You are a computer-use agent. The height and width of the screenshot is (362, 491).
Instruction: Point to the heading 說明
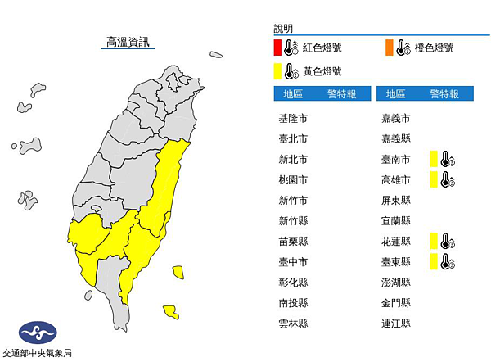[x=283, y=28]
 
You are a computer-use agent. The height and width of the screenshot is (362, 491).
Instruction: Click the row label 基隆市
[x=293, y=118]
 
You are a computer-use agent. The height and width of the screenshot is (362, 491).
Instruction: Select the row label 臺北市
[x=293, y=138]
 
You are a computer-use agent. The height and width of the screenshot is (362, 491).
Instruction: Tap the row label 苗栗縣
[x=293, y=241]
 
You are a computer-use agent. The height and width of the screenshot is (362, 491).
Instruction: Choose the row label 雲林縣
[x=293, y=324]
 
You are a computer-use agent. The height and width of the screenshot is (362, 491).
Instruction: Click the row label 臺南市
[x=397, y=159]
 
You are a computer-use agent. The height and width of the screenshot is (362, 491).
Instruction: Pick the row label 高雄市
[x=397, y=179]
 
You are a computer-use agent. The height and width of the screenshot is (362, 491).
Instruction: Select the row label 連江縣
[x=397, y=324]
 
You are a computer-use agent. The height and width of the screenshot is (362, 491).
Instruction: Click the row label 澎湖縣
[x=397, y=283]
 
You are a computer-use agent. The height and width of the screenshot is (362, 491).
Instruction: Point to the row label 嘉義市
[x=397, y=118]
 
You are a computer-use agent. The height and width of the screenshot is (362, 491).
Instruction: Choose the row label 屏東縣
[x=397, y=200]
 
